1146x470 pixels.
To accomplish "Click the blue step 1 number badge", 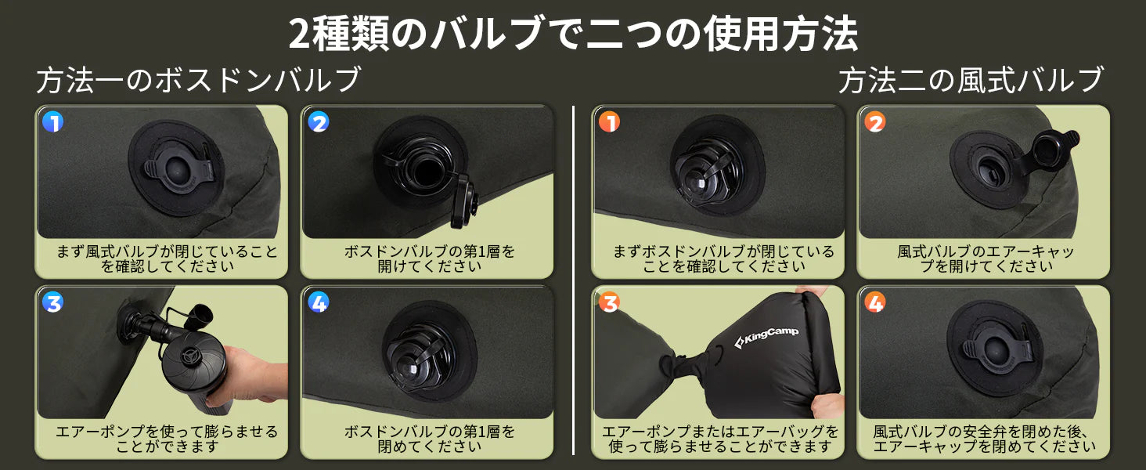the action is pos(52,122).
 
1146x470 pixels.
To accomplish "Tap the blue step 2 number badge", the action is pos(319,122).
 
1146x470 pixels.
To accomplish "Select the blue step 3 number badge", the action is pos(52,302).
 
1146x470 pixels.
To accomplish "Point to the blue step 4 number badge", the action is pos(319,302).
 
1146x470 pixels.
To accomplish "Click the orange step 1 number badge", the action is pos(609,122).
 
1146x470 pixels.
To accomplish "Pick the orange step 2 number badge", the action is pos(875,122).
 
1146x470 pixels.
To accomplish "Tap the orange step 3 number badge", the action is pos(609,302).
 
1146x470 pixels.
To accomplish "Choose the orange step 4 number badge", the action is pos(875,302).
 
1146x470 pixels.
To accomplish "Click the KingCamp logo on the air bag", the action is pos(766,338).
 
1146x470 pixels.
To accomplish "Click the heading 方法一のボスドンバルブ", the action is pos(199,80).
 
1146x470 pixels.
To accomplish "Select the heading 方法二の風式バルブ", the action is pos(970,80).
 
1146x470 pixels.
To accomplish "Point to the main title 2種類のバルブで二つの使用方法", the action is pos(573,33).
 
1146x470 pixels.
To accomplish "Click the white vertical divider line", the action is pos(573,280).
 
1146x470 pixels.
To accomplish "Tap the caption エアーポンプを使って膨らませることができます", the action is pos(167,439).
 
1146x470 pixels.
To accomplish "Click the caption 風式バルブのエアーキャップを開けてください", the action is pos(986,258).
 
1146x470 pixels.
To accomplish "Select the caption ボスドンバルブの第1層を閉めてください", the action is pos(429,439).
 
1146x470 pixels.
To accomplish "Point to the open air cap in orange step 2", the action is pos(1051,149).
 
